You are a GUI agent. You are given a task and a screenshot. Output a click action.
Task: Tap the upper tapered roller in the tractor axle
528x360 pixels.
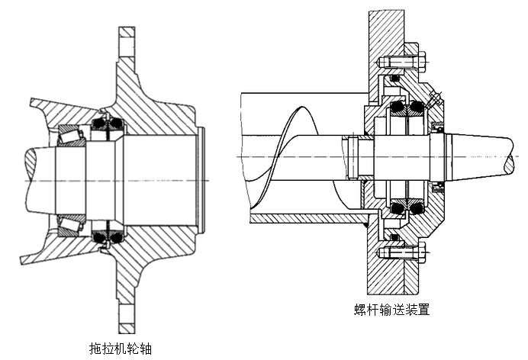pyautogui.click(x=75, y=137)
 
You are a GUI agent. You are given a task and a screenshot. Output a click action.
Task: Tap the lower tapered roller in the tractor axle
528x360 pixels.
pyautogui.click(x=75, y=223)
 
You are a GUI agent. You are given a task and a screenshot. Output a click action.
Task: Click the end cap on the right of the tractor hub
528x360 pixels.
pyautogui.click(x=201, y=180)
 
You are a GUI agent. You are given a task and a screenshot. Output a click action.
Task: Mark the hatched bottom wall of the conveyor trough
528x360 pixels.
pyautogui.click(x=305, y=219)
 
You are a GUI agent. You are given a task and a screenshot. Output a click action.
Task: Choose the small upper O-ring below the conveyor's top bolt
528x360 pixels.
pyautogui.click(x=394, y=79)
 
